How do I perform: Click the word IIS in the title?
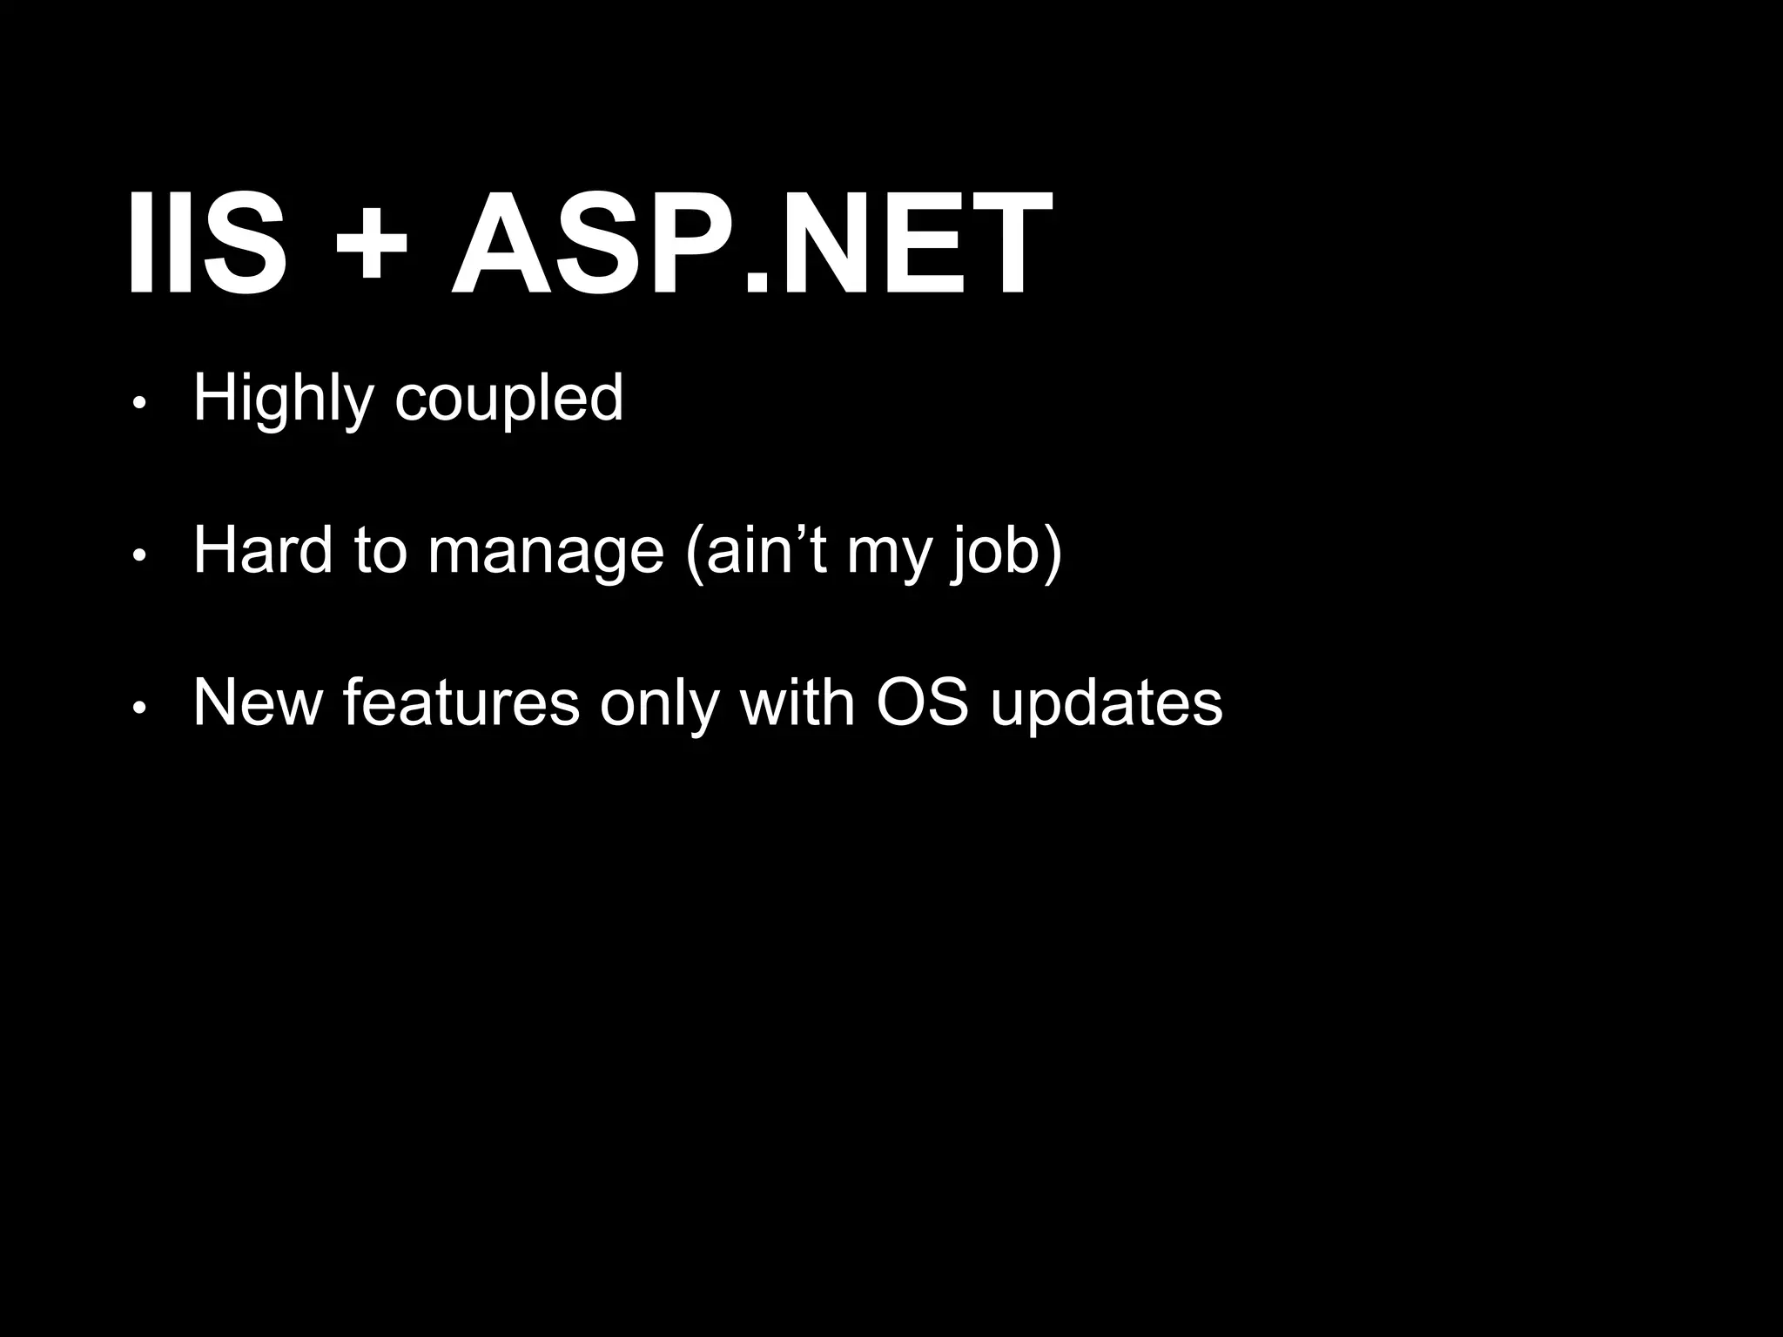click(x=206, y=245)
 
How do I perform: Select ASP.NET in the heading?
click(x=750, y=245)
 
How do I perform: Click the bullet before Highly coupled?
click(x=138, y=403)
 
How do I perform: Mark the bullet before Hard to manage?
click(x=138, y=555)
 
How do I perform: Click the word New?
click(x=257, y=702)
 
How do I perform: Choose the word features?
click(x=461, y=702)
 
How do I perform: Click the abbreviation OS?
click(x=922, y=702)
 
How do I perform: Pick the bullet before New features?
click(x=138, y=709)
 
